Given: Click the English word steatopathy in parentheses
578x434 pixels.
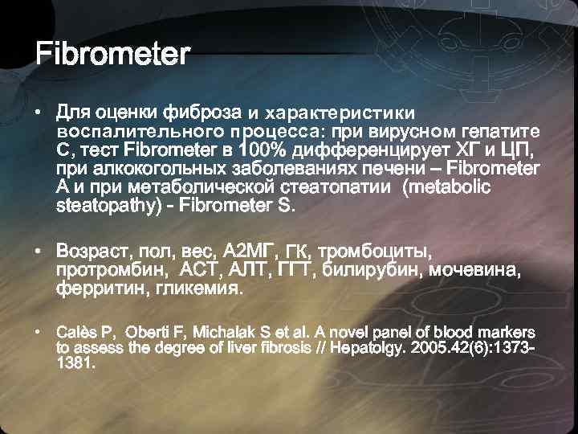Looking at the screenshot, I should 95,207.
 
